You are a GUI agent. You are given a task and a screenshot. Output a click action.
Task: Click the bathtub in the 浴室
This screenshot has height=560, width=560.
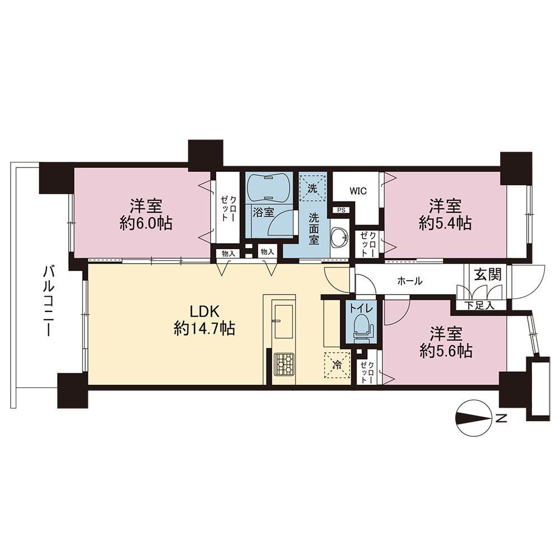269,189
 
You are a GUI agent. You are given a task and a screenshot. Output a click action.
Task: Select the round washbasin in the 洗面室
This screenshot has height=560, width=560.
340,237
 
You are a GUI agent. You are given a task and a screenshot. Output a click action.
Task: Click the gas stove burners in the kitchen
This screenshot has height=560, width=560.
284,365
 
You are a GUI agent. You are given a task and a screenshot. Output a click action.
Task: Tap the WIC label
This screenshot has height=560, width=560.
358,191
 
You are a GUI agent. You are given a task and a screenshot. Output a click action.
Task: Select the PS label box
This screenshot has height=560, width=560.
342,211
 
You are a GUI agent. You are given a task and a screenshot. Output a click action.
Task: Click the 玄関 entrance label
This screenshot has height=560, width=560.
488,274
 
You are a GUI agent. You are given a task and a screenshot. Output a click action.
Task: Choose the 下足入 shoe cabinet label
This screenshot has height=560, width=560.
480,306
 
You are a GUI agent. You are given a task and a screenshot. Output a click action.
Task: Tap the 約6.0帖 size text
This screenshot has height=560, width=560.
146,223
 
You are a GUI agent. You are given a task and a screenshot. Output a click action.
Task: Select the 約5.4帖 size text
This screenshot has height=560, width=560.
445,223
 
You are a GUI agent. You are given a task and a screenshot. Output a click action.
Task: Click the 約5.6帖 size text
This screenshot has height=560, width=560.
446,351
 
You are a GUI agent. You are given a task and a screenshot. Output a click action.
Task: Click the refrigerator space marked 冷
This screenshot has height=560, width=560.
337,365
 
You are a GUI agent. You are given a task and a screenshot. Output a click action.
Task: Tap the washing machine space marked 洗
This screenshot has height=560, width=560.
313,188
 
